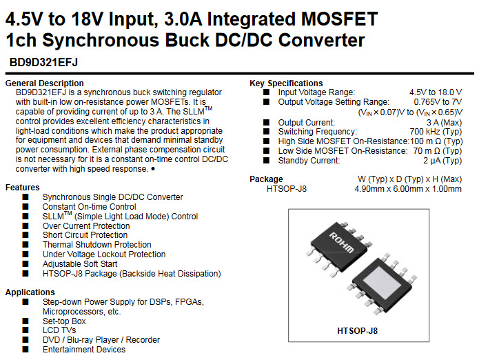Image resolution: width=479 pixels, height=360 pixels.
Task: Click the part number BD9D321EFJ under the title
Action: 43,62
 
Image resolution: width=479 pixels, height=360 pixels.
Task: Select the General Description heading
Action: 45,83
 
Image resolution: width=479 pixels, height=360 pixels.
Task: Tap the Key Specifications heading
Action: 286,83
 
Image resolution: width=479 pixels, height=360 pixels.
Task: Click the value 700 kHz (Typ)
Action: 436,132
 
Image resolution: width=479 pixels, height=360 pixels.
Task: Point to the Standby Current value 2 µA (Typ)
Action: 442,161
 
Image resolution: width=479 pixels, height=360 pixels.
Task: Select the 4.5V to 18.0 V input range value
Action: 436,92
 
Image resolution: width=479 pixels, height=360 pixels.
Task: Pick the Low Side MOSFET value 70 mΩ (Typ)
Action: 438,151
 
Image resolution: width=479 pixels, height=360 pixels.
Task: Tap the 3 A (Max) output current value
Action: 444,123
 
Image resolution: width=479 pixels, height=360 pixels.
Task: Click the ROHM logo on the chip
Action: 342,242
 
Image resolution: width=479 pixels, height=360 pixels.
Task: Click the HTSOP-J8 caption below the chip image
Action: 358,330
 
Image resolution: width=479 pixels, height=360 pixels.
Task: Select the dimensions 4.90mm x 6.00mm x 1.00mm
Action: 408,189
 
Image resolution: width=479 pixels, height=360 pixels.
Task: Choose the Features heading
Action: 23,188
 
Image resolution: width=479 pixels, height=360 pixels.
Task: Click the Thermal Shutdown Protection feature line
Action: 97,245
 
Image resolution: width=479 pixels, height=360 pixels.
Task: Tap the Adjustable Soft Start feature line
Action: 80,264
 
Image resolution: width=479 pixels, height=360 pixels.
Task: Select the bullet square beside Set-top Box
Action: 26,321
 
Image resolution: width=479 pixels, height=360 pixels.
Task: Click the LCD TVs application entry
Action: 59,330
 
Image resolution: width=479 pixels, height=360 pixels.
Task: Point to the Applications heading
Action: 30,292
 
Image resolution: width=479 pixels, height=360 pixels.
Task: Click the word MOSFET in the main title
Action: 339,19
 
